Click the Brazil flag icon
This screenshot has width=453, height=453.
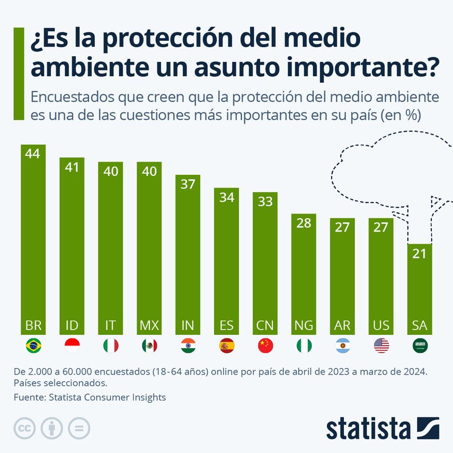tap(33, 346)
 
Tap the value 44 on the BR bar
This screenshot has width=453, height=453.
tap(33, 154)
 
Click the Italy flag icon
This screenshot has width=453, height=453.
tap(110, 346)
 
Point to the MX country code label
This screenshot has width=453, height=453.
tap(149, 325)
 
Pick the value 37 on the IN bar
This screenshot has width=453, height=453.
tap(188, 184)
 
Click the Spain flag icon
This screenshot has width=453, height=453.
tap(226, 346)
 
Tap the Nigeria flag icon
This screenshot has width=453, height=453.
tap(304, 346)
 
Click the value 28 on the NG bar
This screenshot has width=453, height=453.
tap(304, 223)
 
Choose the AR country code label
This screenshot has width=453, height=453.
tap(342, 325)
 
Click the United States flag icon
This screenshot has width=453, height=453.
tap(381, 346)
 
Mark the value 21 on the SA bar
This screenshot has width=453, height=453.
tap(420, 253)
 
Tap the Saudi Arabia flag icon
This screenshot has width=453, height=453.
tap(420, 346)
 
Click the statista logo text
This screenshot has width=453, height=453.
tap(368, 428)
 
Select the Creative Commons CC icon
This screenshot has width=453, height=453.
tap(24, 428)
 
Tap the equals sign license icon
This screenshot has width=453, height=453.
tap(79, 428)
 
